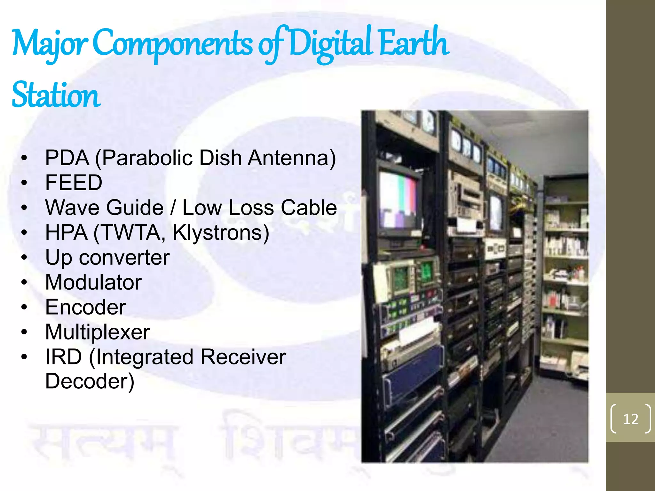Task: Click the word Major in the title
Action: pyautogui.click(x=50, y=43)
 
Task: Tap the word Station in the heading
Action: pyautogui.click(x=56, y=95)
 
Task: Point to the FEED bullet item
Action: pyautogui.click(x=74, y=183)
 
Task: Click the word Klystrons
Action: pyautogui.click(x=221, y=232)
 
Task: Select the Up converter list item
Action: pyautogui.click(x=107, y=257)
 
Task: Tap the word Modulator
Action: pyautogui.click(x=93, y=282)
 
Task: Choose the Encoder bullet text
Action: pyautogui.click(x=85, y=307)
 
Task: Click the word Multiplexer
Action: pyautogui.click(x=98, y=332)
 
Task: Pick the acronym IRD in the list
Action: pyautogui.click(x=63, y=357)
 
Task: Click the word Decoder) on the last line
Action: pyautogui.click(x=90, y=381)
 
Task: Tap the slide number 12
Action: pyautogui.click(x=630, y=419)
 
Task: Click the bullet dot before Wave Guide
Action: pyautogui.click(x=24, y=208)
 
